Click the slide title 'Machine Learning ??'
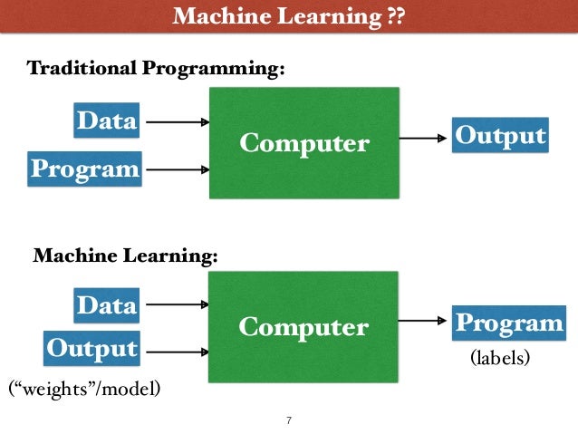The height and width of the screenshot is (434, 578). (x=288, y=16)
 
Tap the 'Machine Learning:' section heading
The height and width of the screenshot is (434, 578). (x=126, y=256)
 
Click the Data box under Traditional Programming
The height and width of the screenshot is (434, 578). (x=107, y=121)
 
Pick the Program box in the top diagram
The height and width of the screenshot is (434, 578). (x=85, y=169)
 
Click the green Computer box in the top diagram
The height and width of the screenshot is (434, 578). (x=304, y=142)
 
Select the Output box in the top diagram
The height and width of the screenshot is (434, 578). (x=500, y=137)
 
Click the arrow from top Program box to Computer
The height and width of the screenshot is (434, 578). (x=177, y=169)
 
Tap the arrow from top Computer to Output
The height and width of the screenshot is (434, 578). (x=424, y=139)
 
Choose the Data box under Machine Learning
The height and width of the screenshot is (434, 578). (x=107, y=305)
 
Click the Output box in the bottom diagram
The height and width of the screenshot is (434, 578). (x=92, y=348)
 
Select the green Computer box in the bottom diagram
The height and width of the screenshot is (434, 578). (x=303, y=327)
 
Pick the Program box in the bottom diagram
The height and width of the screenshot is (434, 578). (x=508, y=323)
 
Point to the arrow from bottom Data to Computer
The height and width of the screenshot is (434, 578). (x=177, y=305)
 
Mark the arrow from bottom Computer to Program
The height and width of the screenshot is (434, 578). (x=424, y=321)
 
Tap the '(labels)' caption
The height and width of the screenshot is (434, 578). (x=499, y=359)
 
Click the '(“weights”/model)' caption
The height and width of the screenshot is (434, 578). (x=85, y=390)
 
